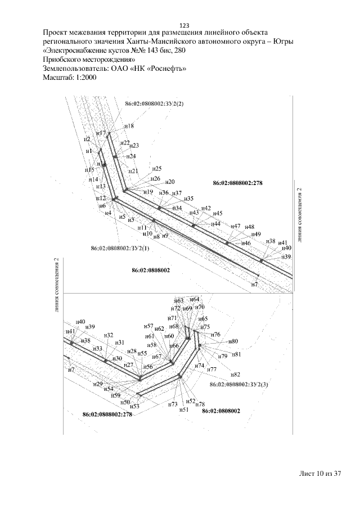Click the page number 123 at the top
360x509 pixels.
[184, 25]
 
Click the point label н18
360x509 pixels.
[129, 127]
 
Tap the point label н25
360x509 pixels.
[156, 169]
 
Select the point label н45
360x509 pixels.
[218, 213]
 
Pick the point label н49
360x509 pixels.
[255, 234]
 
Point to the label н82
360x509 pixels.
[236, 374]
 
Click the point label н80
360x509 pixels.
[233, 341]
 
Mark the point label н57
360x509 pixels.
[148, 326]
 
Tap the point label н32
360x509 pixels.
[109, 335]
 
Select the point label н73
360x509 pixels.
[173, 404]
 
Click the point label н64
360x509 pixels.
[194, 300]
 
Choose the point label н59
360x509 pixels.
[116, 396]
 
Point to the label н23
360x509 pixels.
[134, 146]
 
